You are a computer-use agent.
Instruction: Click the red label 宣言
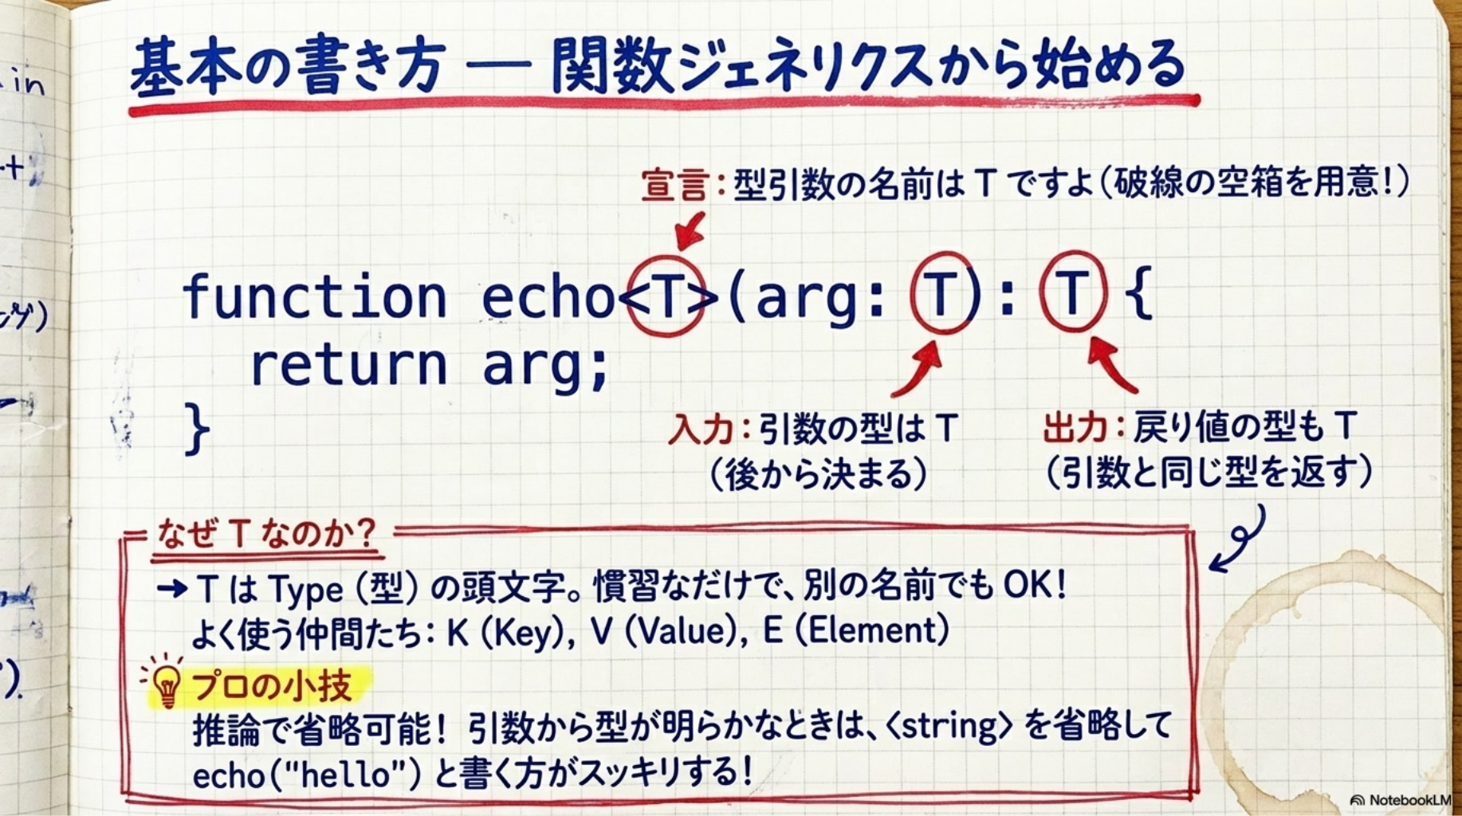tap(674, 185)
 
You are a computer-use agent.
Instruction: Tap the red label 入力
tap(700, 430)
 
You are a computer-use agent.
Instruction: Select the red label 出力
tap(1075, 428)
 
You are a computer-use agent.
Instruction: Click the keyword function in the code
tap(314, 296)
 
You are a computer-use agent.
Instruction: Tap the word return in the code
tap(348, 365)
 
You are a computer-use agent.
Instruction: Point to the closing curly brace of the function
tap(196, 429)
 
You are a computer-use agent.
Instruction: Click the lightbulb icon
tap(167, 685)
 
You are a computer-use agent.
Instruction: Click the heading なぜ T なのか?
tap(266, 533)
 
